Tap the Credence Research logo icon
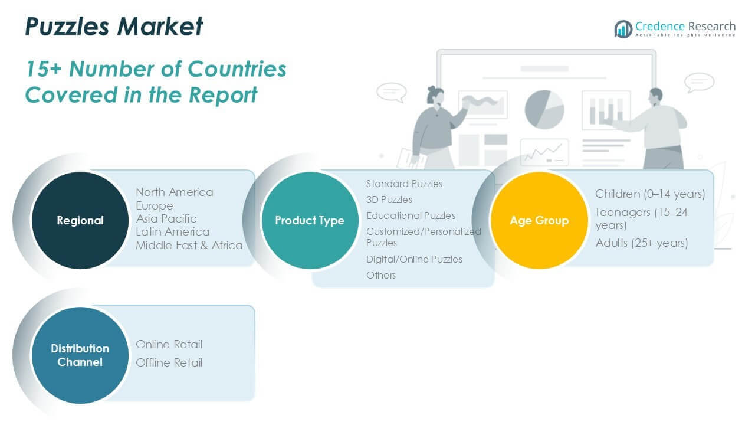pos(623,28)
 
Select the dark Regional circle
pos(80,220)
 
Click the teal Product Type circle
pos(309,220)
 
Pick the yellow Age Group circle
pos(539,220)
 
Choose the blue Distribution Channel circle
pos(80,355)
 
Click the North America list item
pos(175,192)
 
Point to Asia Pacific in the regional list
pos(166,218)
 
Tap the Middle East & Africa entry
pos(189,245)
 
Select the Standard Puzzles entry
pos(404,184)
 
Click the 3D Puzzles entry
pos(389,200)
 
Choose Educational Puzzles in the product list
pos(411,215)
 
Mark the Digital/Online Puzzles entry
pos(414,259)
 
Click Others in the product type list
pos(381,275)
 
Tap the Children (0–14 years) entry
pos(650,194)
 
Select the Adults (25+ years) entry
pos(642,243)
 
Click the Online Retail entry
pos(169,344)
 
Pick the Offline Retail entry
pos(169,362)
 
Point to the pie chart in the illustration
pos(544,109)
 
